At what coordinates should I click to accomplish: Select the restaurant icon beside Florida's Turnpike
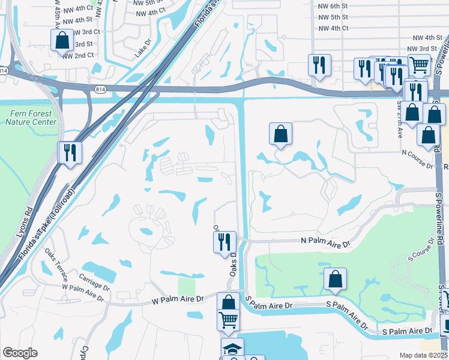(70, 152)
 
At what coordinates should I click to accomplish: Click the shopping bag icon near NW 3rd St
(62, 40)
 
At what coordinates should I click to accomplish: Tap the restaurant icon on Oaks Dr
(224, 242)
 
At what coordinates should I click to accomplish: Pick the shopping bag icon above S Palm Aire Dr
(335, 279)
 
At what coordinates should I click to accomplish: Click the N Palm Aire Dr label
(325, 244)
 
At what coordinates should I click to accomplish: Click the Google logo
(20, 353)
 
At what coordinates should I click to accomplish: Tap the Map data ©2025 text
(424, 355)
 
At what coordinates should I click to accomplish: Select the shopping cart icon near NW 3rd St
(419, 64)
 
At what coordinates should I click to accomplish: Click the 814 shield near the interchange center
(100, 89)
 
